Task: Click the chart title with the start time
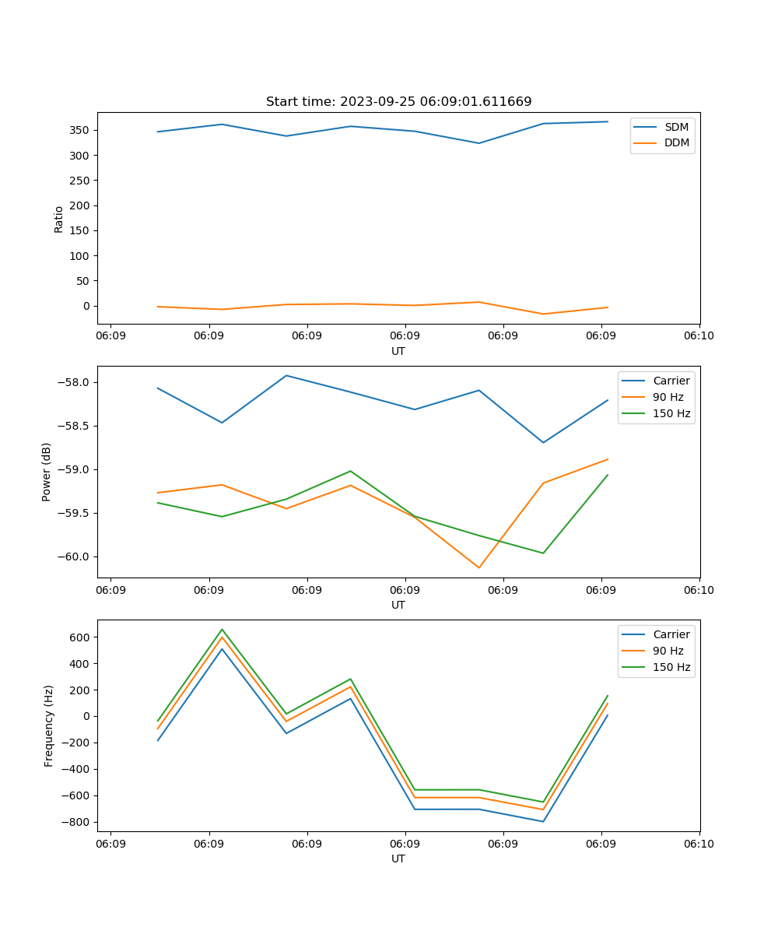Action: pos(398,101)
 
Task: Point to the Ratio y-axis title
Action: pos(59,219)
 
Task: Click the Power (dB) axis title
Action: pos(47,472)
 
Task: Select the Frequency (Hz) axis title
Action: pos(48,725)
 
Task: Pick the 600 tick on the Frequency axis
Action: pos(80,637)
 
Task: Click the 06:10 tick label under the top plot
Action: pos(699,336)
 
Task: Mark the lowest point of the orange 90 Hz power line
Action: pos(478,567)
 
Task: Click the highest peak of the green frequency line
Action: pos(222,630)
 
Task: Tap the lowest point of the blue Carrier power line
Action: pos(543,442)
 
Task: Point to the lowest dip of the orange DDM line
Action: pos(543,314)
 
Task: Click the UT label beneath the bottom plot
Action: pos(398,859)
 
